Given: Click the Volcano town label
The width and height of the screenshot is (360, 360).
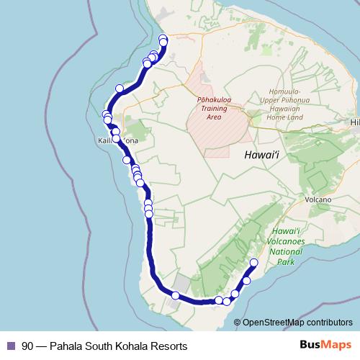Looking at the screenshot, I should [x=318, y=199].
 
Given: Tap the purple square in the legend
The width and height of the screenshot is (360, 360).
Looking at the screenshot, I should [x=10, y=346].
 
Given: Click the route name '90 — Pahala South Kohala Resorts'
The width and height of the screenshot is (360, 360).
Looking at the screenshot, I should [x=104, y=346].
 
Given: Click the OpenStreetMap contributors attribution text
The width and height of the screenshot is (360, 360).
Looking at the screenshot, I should [x=297, y=322].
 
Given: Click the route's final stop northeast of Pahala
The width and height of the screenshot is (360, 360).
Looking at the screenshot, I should [x=253, y=262].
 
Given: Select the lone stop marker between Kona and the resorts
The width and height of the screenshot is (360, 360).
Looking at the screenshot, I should [x=120, y=89].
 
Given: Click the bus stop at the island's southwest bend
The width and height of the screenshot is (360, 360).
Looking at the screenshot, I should [x=176, y=295].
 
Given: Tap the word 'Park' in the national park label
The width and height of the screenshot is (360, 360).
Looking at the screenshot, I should [x=287, y=263].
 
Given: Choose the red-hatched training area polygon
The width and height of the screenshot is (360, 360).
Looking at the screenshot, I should [x=220, y=130].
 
